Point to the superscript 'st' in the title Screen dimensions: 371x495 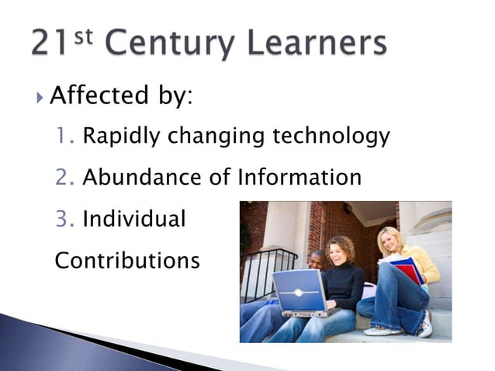(84, 35)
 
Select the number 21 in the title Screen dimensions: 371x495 (51, 43)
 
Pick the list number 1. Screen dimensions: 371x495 (64, 137)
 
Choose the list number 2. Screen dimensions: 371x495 (64, 178)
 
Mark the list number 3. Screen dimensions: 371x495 (64, 219)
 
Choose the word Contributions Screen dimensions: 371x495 (127, 260)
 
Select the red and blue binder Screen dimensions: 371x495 (407, 269)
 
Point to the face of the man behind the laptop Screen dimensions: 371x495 (317, 261)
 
